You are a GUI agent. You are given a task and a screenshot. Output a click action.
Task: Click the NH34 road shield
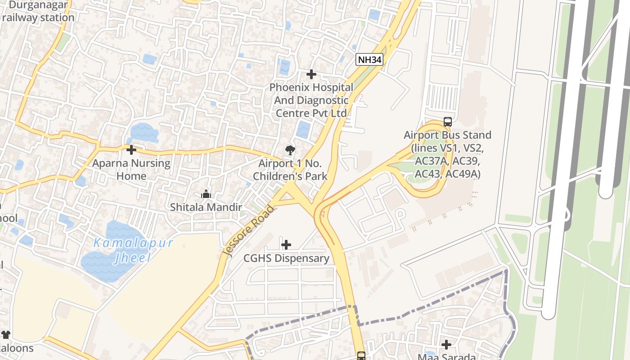click(369, 59)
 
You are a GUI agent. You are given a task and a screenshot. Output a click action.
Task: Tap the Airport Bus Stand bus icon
click(447, 122)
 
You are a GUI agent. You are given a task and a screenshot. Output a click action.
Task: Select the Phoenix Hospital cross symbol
click(311, 74)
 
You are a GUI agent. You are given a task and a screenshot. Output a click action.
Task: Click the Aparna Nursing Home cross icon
click(131, 150)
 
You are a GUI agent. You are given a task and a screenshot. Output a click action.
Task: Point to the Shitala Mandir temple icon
click(206, 194)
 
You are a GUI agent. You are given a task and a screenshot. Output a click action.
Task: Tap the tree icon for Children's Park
click(290, 150)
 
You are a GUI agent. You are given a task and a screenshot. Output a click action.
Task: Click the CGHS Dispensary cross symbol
click(286, 245)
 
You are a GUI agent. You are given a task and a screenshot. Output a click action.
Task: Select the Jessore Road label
click(248, 230)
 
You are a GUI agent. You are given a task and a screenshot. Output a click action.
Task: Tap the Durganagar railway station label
click(37, 11)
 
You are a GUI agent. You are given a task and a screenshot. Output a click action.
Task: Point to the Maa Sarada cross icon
click(446, 345)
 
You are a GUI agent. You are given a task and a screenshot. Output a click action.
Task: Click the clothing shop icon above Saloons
click(6, 335)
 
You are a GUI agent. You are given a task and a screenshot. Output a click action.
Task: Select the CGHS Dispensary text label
click(286, 258)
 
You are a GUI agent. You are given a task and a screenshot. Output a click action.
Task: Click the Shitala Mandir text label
click(206, 207)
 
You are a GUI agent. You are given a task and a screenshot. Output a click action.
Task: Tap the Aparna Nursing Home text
click(131, 170)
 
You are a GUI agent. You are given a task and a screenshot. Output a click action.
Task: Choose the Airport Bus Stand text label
click(447, 154)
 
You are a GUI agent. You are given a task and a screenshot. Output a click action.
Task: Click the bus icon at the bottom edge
click(361, 356)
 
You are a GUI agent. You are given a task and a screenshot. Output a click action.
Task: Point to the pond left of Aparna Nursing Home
click(19, 165)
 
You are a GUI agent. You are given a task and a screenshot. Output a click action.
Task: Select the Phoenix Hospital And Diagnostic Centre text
click(311, 100)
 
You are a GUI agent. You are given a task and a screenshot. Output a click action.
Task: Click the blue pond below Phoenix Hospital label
click(303, 130)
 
